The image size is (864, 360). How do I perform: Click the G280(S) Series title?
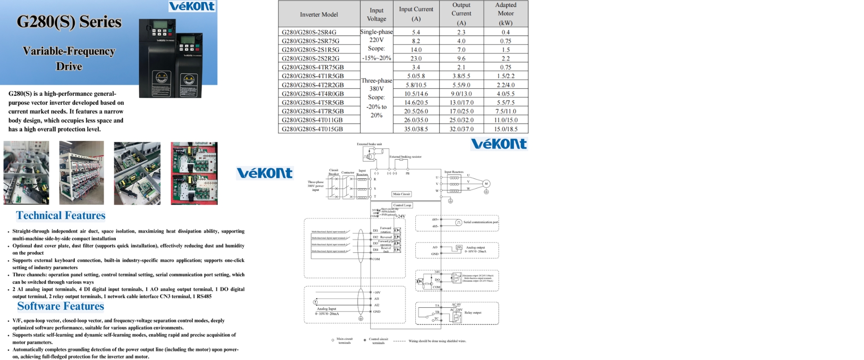69,22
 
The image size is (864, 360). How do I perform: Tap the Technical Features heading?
61,216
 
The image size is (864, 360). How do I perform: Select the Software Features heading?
61,306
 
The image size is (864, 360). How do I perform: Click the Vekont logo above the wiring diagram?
499,144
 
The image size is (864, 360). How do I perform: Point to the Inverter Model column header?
319,14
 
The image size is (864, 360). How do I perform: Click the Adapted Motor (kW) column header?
505,13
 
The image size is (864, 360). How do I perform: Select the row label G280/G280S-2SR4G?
309,32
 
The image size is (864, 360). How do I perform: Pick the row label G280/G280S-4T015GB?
312,129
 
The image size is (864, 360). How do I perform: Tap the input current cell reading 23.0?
416,58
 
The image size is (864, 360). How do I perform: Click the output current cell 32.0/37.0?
461,129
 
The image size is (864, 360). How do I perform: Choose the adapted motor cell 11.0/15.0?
505,120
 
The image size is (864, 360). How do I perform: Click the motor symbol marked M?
486,184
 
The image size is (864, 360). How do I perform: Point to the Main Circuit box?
401,194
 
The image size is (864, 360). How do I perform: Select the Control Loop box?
402,205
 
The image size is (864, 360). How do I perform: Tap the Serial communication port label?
481,222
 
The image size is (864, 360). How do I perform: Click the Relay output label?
473,312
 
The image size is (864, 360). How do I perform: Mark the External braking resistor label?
405,157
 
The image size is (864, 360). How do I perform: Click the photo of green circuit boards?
194,173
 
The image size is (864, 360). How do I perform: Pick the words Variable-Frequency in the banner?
69,51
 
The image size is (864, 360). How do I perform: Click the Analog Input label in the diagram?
326,309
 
